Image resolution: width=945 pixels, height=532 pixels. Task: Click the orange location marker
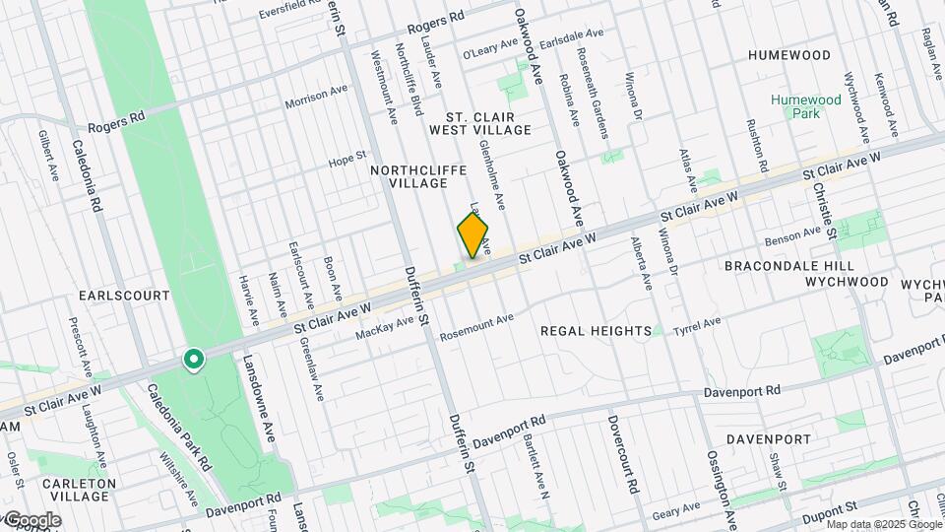point(472,235)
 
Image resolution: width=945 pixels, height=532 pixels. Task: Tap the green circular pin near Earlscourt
point(194,361)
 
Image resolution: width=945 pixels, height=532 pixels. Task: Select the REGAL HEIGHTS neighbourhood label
point(596,331)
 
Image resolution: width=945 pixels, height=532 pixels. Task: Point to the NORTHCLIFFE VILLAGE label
point(418,176)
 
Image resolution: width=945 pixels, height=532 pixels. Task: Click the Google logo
point(31,520)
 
